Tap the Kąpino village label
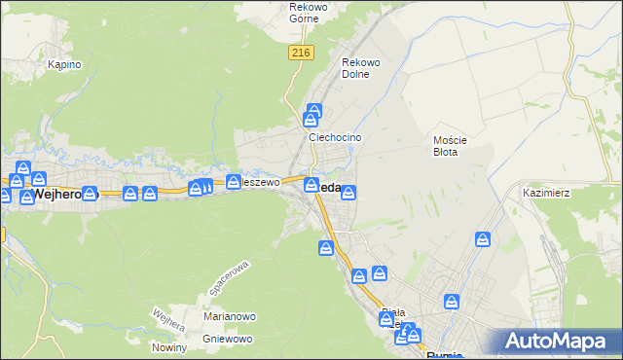point(64,64)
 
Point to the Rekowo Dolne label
point(360,69)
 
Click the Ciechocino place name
point(335,138)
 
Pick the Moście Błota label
point(451,146)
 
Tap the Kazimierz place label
point(545,193)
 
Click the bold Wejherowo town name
point(66,195)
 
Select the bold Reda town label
point(327,188)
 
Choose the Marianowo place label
point(229,317)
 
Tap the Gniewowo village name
point(228,339)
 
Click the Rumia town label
point(447,354)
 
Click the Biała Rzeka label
point(393,318)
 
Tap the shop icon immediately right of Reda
point(348,193)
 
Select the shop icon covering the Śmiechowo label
point(234,182)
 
